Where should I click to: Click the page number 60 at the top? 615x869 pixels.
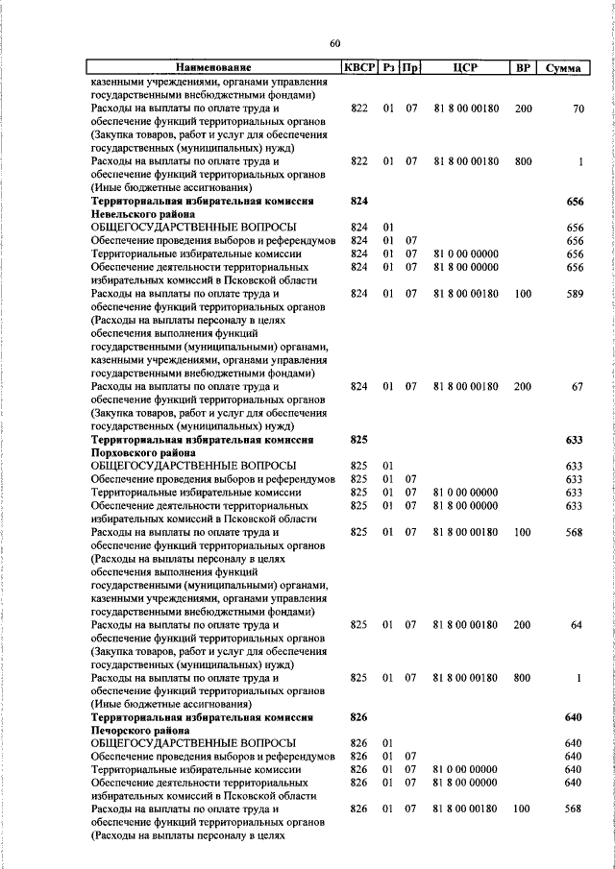(x=334, y=43)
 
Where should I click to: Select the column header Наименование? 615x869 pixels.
(x=212, y=68)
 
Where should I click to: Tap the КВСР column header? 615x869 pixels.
(x=359, y=68)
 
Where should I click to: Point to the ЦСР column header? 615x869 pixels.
(x=465, y=68)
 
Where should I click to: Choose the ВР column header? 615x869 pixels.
(x=523, y=68)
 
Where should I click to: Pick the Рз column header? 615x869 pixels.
(x=389, y=68)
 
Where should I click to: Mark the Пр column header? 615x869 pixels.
(x=411, y=68)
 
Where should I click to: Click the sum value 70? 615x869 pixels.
(x=578, y=109)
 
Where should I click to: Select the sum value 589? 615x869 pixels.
(x=575, y=294)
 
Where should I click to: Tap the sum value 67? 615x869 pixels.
(x=578, y=386)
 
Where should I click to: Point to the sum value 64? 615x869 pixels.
(x=578, y=625)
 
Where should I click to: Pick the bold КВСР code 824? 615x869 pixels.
(x=359, y=202)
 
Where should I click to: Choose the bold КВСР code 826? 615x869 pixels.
(x=359, y=717)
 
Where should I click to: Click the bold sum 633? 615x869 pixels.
(x=575, y=439)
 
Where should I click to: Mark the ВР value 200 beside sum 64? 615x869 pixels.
(x=523, y=625)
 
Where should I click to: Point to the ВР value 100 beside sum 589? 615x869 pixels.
(x=523, y=294)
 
